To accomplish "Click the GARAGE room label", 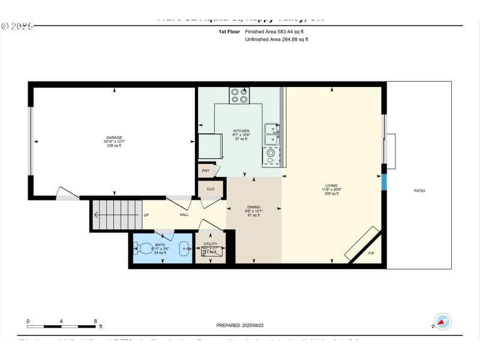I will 114,137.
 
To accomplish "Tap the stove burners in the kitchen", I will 239,95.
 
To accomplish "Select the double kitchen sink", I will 272,134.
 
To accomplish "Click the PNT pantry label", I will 205,171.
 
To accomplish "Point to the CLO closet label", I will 210,189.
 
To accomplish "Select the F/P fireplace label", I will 371,254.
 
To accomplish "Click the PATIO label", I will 419,191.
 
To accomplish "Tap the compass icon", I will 443,322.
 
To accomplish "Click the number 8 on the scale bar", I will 95,322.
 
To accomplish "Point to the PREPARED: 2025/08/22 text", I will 239,325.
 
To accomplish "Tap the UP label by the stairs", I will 146,215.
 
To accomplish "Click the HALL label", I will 184,215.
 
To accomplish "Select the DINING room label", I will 253,207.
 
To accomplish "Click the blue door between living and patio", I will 384,182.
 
